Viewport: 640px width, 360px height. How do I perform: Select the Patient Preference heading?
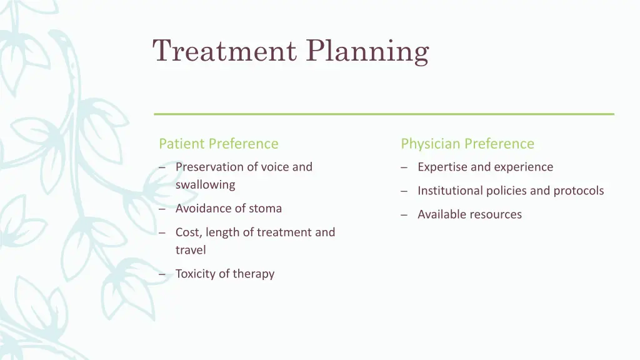[218, 144]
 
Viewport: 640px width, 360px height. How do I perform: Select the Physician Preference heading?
[467, 144]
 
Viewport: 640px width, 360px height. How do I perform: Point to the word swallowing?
[205, 185]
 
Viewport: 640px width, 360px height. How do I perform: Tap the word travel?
[191, 250]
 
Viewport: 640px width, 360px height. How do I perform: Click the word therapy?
[253, 274]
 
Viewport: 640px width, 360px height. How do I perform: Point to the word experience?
[523, 167]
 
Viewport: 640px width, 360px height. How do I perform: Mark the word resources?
[494, 214]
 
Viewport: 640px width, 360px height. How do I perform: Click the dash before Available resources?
[404, 215]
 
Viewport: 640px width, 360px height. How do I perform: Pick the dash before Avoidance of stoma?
[162, 209]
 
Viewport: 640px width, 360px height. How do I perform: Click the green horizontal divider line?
[384, 114]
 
